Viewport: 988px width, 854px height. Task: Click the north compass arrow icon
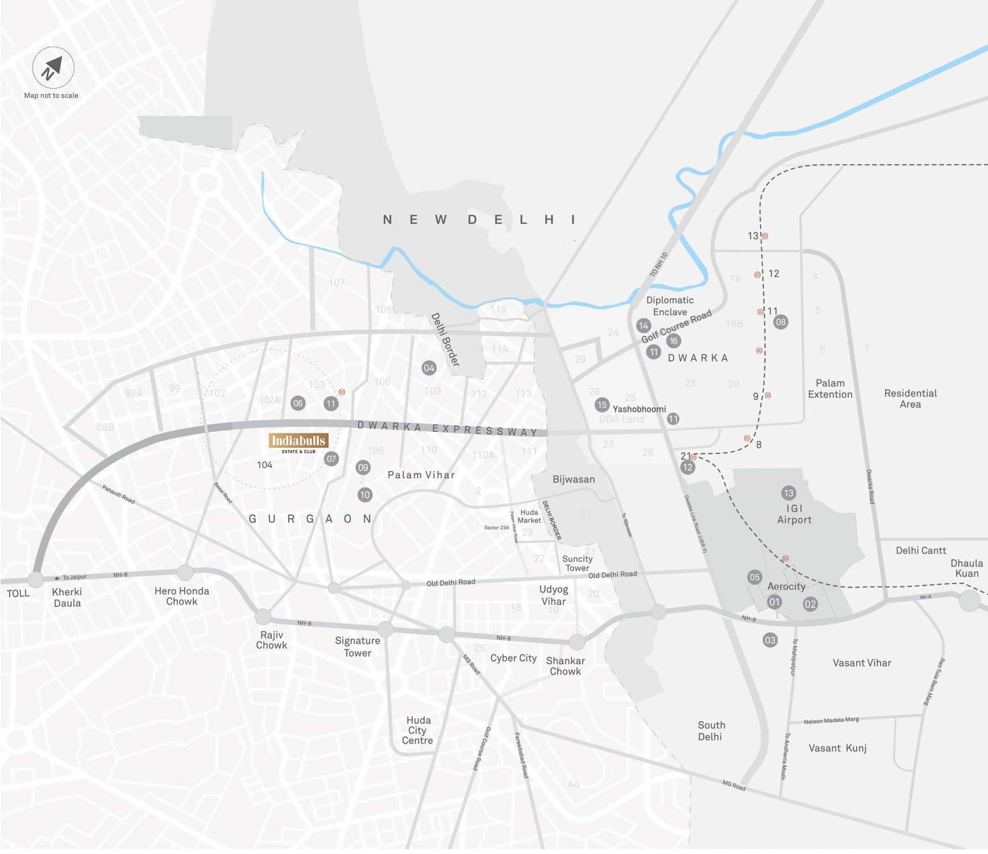tap(53, 68)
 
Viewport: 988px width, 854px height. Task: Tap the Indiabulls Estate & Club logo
tap(298, 443)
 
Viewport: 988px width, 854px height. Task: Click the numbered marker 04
tap(429, 368)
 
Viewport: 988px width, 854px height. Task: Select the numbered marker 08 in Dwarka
tap(781, 322)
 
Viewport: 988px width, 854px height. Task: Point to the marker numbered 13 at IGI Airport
tap(788, 493)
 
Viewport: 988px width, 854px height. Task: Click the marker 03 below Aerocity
tap(770, 640)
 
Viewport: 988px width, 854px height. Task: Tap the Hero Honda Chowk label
tap(182, 596)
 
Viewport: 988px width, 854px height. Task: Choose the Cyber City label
tap(513, 658)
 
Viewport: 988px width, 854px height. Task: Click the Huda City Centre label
tap(418, 730)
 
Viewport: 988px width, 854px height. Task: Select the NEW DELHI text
tap(479, 219)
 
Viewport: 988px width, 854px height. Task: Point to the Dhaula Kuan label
tap(966, 568)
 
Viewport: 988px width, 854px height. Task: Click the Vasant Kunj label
tap(837, 748)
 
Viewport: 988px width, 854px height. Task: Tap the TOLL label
tap(18, 593)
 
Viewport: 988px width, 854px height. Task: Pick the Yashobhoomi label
tap(639, 409)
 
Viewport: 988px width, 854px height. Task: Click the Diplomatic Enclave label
tap(670, 306)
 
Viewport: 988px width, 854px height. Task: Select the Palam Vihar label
tap(421, 475)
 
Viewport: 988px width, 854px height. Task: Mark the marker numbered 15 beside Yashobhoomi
tap(602, 405)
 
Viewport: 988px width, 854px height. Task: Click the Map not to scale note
tap(51, 95)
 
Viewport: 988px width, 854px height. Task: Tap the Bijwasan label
tap(574, 479)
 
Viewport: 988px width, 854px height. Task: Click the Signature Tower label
tap(358, 647)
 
